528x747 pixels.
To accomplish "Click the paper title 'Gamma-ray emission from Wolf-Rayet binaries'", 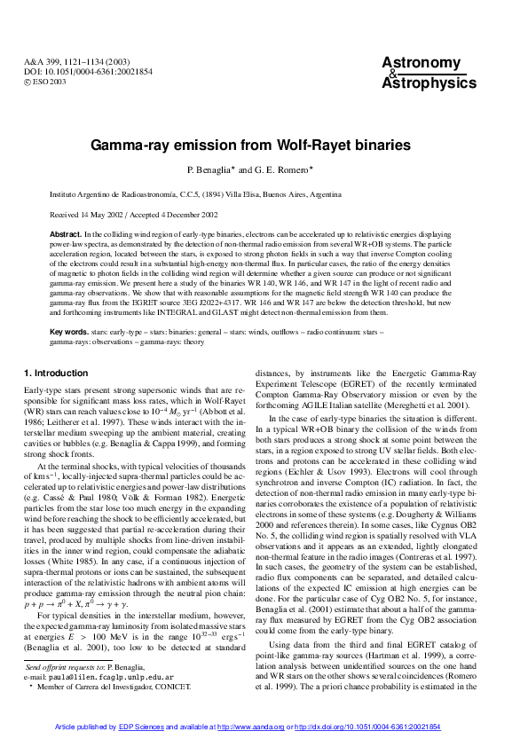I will (x=263, y=144).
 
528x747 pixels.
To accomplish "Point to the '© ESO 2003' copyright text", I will (x=45, y=82).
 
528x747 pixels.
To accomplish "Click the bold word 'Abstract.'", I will (x=66, y=232).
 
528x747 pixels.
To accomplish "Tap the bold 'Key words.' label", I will (x=69, y=331).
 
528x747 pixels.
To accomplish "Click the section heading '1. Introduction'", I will (x=56, y=373).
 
